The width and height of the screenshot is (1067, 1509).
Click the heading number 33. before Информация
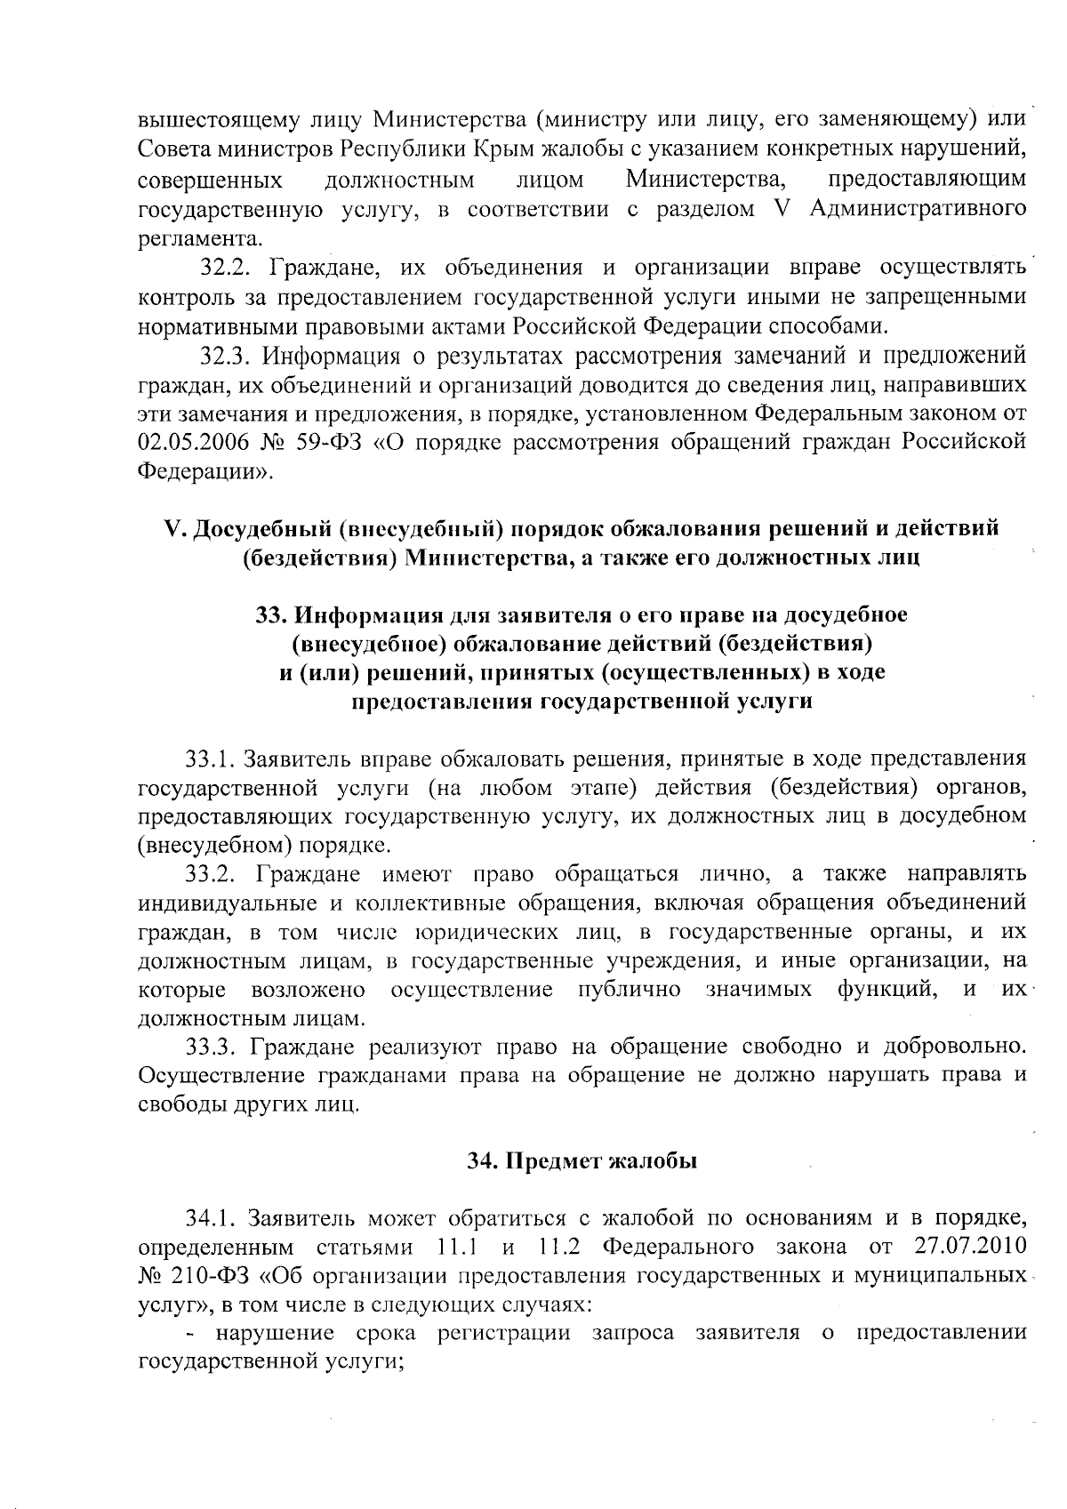[x=272, y=614]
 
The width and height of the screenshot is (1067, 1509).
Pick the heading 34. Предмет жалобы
[x=582, y=1160]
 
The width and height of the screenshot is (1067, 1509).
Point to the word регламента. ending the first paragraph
[x=201, y=238]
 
